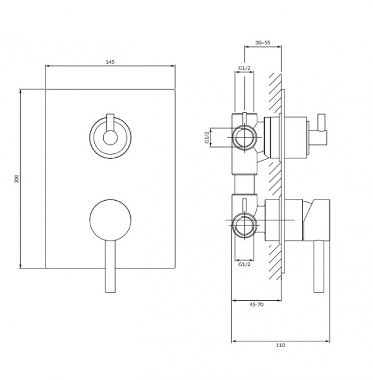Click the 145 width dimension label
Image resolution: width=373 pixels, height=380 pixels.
tap(110, 62)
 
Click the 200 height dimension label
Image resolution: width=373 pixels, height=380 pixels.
tap(16, 179)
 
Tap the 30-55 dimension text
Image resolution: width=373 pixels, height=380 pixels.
tap(263, 42)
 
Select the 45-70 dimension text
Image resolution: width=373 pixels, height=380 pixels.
tap(257, 305)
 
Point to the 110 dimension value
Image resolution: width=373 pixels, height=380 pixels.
tap(281, 345)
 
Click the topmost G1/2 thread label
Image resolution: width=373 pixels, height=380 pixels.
tap(244, 68)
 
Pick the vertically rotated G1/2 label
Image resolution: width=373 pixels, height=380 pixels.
tap(207, 137)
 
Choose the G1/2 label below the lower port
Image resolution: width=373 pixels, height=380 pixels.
tap(244, 264)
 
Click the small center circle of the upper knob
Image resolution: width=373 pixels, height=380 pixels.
tap(110, 138)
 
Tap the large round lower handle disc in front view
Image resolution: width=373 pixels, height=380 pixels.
tap(110, 220)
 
